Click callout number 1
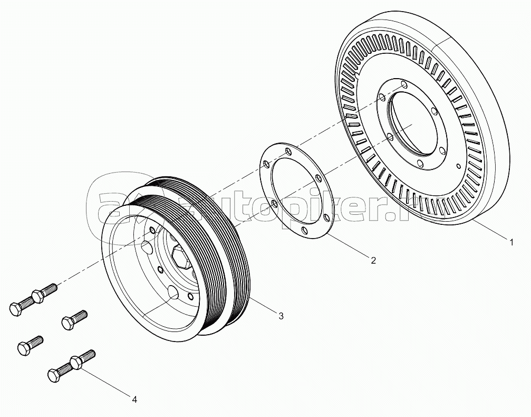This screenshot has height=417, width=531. tap(511, 242)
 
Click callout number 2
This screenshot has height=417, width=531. tap(373, 260)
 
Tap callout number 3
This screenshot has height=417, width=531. tap(281, 316)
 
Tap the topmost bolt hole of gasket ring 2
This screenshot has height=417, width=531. tap(287, 151)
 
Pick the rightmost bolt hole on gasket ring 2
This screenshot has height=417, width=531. tap(327, 217)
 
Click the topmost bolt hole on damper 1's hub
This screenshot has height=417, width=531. tap(404, 84)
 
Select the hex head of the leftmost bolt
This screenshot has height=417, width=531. tap(15, 309)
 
